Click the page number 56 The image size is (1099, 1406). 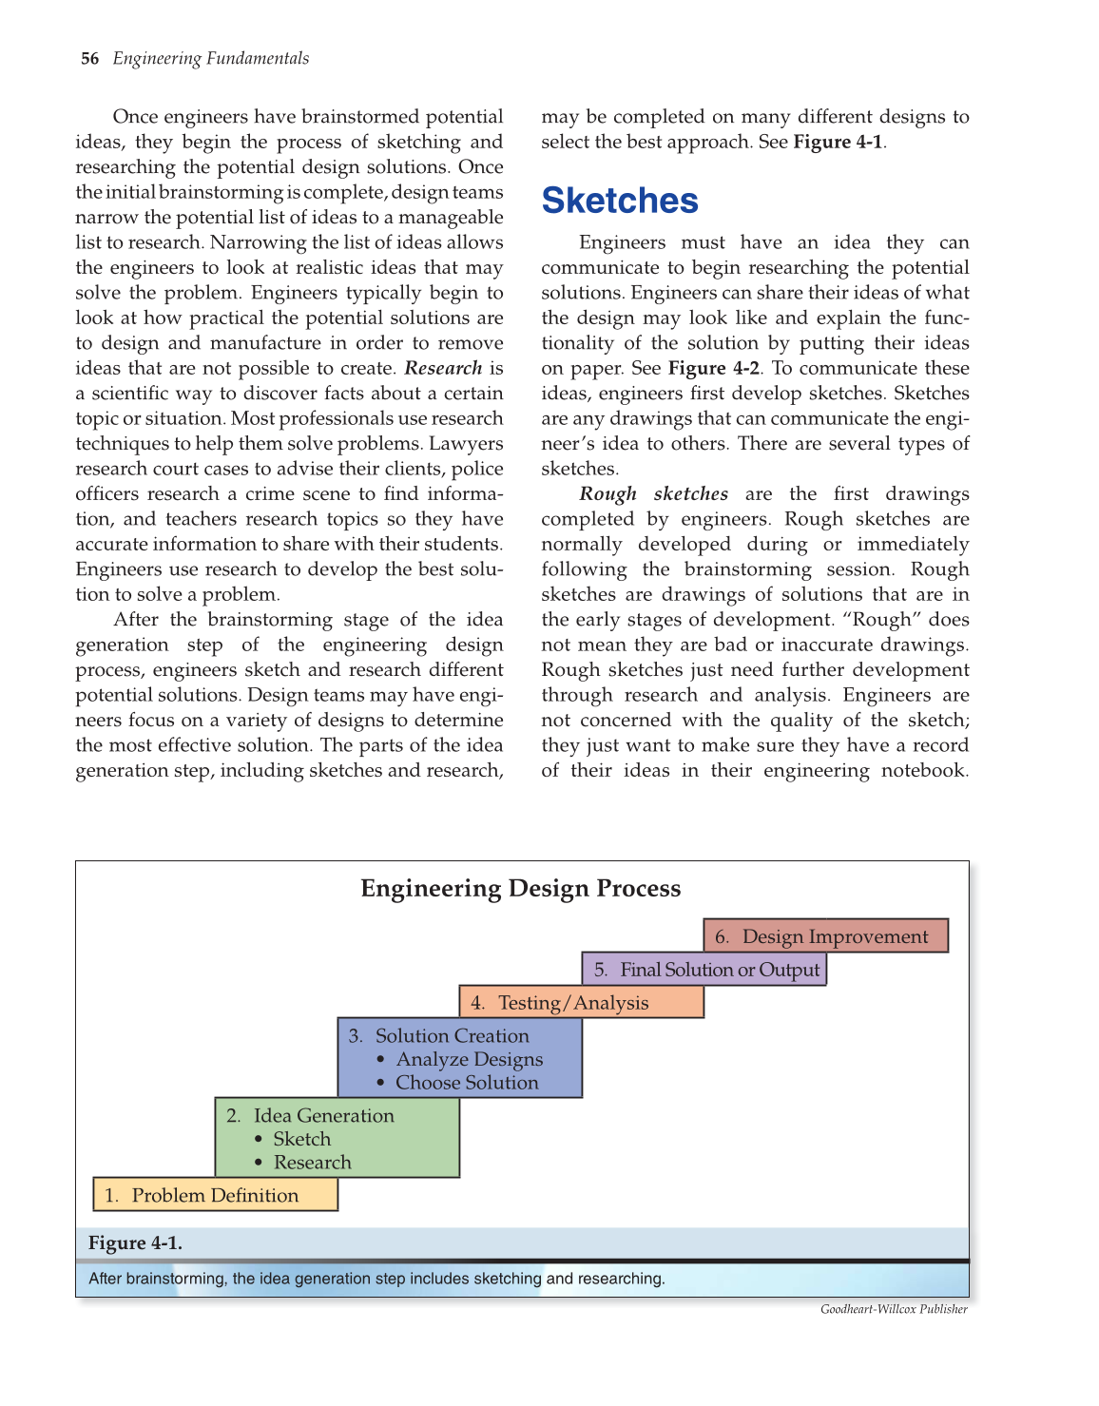(89, 59)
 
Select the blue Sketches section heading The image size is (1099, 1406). (620, 202)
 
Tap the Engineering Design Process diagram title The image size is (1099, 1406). (520, 889)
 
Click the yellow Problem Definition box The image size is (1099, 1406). (215, 1195)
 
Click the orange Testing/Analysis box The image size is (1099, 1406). (581, 1003)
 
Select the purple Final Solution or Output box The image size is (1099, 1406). (704, 970)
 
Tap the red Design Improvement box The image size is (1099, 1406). (825, 936)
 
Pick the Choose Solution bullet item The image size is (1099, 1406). (467, 1083)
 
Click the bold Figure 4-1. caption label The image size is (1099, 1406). (135, 1243)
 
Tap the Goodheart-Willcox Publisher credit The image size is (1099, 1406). (894, 1310)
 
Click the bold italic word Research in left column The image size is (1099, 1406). (443, 369)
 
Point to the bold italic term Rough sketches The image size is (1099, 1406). (654, 494)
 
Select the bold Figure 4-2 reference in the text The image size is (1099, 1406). (714, 369)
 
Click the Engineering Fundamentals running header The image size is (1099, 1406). (211, 59)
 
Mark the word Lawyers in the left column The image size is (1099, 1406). (466, 444)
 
